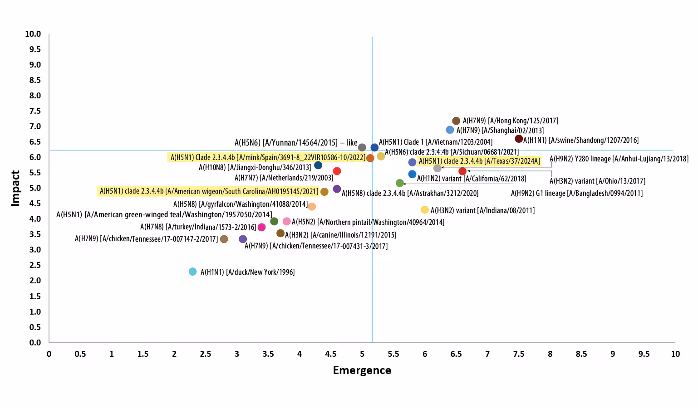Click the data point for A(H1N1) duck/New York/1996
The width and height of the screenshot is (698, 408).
pos(193,272)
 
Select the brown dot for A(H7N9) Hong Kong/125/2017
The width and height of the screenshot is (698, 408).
pos(456,121)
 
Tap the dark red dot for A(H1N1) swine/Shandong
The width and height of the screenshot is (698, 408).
pos(519,139)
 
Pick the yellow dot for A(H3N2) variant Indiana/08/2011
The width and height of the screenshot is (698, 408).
pos(425,209)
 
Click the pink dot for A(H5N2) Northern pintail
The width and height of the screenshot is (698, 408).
pos(286,221)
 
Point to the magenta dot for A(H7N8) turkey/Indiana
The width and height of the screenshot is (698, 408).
pos(261,227)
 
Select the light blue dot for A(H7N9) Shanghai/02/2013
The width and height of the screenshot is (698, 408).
pos(450,130)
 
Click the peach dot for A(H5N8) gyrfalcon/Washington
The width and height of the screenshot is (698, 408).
pos(312,206)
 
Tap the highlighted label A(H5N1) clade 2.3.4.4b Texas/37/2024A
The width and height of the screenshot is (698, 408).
pos(479,161)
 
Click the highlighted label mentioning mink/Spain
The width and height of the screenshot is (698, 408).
pos(268,157)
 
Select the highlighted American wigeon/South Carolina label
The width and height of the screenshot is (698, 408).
pos(208,191)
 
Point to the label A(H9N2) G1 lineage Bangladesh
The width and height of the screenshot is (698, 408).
pos(576,194)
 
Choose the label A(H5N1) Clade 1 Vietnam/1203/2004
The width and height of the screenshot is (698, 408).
pos(435,142)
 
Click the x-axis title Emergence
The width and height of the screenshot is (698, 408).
pos(362,370)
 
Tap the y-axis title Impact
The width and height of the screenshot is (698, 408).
pos(15,188)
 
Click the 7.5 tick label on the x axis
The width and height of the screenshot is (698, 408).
pos(519,354)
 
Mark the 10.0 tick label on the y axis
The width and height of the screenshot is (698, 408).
pos(33,34)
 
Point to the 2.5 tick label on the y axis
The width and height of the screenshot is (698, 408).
pos(34,265)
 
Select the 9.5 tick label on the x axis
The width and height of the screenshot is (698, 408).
pos(644,354)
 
